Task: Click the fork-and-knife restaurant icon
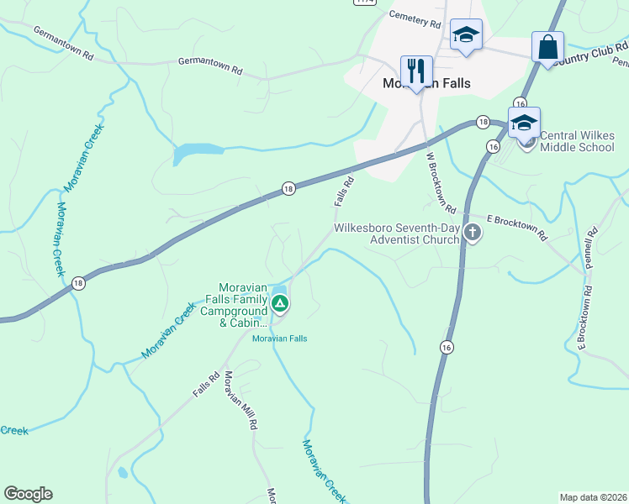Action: click(x=416, y=71)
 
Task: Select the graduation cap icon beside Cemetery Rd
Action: click(x=466, y=35)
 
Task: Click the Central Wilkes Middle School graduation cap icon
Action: click(x=524, y=123)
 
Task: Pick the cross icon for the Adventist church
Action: click(x=473, y=234)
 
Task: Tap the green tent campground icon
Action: click(x=280, y=303)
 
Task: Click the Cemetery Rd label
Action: click(x=415, y=19)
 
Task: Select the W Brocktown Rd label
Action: click(x=441, y=182)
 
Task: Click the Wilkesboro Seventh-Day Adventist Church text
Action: click(x=396, y=234)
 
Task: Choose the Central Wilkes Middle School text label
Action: click(x=577, y=141)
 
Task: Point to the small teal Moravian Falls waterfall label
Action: click(x=280, y=339)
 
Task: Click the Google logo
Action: click(x=28, y=494)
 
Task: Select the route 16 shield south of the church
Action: click(x=446, y=346)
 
